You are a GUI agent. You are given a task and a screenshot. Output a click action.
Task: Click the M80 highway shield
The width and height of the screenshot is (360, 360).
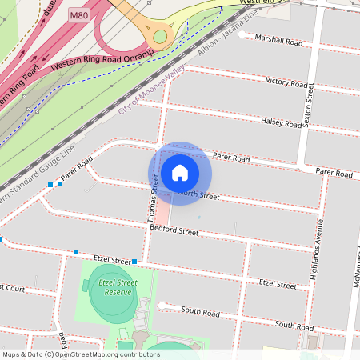point(78,14)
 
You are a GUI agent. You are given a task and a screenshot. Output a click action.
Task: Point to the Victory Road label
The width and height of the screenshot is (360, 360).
point(286,82)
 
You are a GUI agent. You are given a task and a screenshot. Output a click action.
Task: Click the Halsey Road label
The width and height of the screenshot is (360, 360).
point(282,122)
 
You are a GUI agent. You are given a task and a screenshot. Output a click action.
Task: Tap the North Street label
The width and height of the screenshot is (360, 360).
point(198,194)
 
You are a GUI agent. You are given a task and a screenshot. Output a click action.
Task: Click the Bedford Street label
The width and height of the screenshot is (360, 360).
point(174,231)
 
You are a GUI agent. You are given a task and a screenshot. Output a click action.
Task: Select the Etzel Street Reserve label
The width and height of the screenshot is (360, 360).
point(111,288)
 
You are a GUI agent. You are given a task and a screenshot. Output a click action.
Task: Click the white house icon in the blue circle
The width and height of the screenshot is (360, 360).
point(180,173)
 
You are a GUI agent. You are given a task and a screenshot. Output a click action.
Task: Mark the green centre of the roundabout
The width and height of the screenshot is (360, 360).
point(161,36)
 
